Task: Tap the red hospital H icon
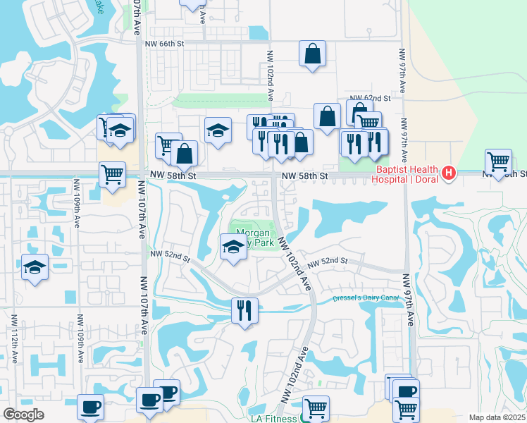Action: click(448, 173)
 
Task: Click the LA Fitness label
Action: click(273, 418)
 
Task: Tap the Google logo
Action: click(23, 415)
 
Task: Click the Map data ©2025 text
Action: click(497, 417)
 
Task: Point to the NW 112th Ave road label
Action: click(13, 338)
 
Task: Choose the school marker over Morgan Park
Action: click(233, 247)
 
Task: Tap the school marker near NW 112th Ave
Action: click(35, 267)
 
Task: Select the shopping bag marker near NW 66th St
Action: click(312, 54)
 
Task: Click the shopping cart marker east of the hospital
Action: click(498, 161)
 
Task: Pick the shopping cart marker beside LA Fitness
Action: click(316, 407)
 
